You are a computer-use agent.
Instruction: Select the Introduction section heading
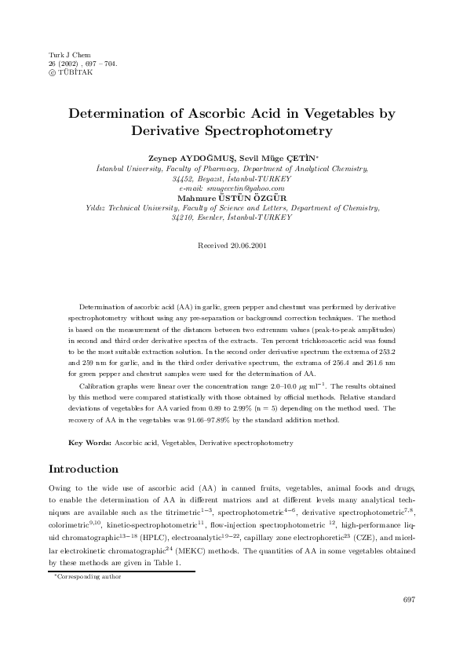click(83, 469)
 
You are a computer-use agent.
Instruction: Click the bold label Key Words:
click(90, 444)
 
